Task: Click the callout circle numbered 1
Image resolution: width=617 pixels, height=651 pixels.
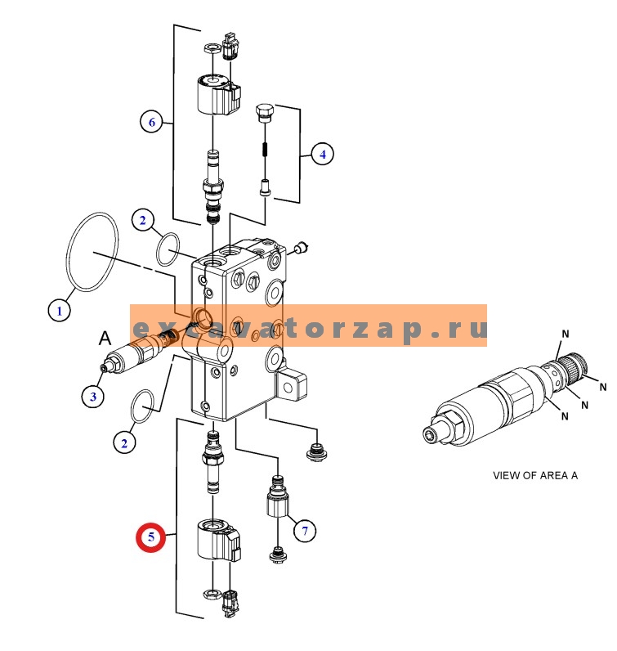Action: [58, 310]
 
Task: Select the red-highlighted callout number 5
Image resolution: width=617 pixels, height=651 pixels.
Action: [151, 538]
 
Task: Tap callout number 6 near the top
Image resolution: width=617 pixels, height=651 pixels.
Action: [150, 123]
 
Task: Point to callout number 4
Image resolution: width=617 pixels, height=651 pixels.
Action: [322, 153]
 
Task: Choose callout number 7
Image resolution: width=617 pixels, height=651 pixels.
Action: [304, 532]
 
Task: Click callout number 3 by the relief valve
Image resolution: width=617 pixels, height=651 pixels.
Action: [93, 397]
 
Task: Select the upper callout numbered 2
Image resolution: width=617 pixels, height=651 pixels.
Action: [142, 220]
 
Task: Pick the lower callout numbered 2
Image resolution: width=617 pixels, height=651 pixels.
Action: [124, 443]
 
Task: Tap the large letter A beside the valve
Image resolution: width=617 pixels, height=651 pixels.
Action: [105, 337]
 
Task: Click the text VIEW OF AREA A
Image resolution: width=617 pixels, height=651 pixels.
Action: [534, 475]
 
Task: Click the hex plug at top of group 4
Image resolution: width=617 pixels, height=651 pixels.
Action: [264, 113]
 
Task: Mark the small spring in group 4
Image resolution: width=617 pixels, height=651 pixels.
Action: [264, 149]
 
